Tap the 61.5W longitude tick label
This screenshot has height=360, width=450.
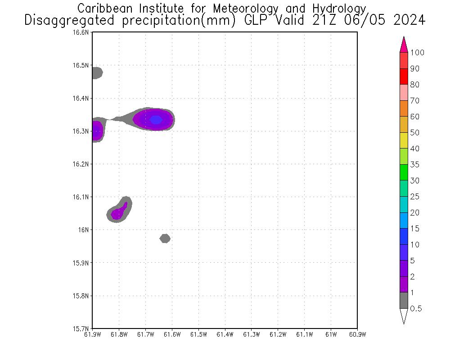point(198,334)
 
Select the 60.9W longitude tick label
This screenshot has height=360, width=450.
point(357,334)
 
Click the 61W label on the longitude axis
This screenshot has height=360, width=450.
point(331,334)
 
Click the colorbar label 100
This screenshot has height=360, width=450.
point(417,53)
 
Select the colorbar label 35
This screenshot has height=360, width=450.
point(414,165)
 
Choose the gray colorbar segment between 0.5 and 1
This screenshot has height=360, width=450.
point(404,300)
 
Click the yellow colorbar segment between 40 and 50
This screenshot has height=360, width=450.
point(404,140)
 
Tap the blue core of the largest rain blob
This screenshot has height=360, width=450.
point(156,120)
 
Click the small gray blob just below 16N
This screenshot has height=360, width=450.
point(165,238)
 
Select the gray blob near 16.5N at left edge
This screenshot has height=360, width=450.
point(97,72)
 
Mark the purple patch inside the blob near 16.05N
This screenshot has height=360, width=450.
point(118,213)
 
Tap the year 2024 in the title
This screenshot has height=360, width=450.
point(407,21)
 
